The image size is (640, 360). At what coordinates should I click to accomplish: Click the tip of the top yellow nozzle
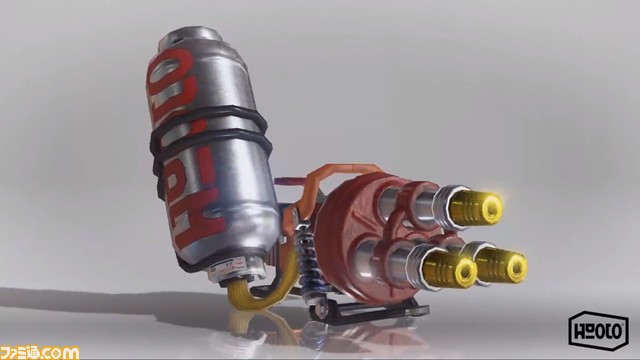(x=489, y=209)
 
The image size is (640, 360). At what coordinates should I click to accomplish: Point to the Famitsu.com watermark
(x=40, y=352)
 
